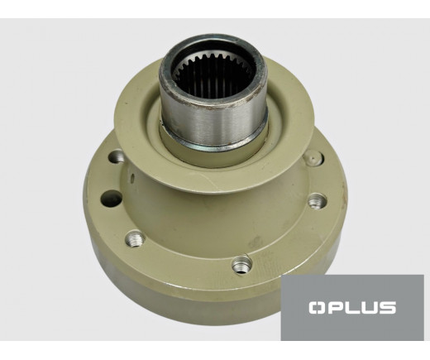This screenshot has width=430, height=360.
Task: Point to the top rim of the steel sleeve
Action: coord(213,39)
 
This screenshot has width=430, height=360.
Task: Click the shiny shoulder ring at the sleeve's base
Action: coord(213,144)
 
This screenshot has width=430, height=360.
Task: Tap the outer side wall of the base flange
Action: coord(193,292)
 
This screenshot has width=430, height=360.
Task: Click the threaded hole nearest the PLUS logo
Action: coord(241,265)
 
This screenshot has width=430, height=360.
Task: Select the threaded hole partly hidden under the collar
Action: coord(117,157)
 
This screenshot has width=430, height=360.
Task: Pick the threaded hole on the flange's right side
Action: coord(317,201)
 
